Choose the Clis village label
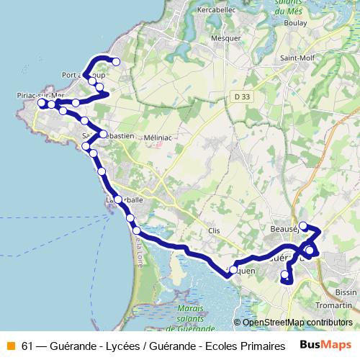point(214,231)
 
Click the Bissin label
point(346,293)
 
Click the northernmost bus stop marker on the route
point(115,62)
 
